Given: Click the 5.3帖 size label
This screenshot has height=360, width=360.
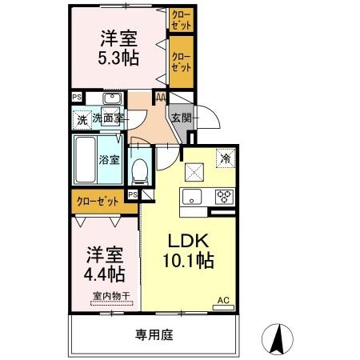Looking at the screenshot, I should pos(119,57).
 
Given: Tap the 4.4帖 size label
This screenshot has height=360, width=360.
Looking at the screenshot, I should pos(106,274).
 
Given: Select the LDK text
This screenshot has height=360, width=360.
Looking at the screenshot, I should pos(189,240).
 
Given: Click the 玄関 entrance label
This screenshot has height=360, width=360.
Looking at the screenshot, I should pos(181,118).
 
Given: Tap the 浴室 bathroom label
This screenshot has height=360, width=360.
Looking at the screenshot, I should pos(110,158).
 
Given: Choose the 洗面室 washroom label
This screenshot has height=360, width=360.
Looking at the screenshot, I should pos(107,119).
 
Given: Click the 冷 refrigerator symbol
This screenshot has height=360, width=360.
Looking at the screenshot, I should pos(226,158).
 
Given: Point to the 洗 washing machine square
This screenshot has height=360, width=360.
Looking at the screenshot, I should pos(81,120).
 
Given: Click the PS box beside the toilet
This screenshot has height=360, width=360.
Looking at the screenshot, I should pos(133,194).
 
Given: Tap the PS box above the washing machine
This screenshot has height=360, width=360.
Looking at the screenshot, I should pos(77,98).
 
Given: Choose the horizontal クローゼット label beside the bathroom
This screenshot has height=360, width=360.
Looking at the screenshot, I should pos(96,201).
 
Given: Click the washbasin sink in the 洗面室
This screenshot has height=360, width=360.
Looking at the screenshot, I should pos(112,98).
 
